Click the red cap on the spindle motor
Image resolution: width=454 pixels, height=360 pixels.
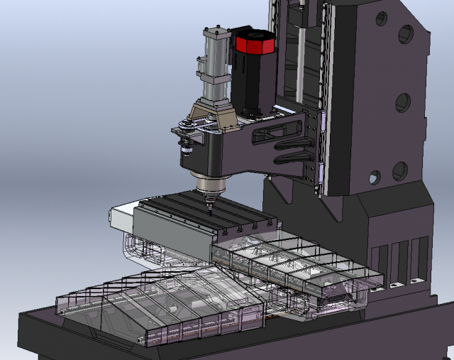tap(254, 44)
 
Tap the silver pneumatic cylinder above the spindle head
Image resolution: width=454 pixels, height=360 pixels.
tap(215, 67)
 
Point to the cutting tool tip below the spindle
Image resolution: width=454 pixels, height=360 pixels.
tap(209, 211)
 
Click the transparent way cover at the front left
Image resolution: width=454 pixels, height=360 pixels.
tap(170, 305)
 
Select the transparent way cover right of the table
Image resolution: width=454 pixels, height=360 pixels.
tap(298, 266)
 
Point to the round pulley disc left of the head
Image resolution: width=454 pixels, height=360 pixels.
tap(187, 128)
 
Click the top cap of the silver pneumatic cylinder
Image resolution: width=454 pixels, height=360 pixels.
tap(215, 31)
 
